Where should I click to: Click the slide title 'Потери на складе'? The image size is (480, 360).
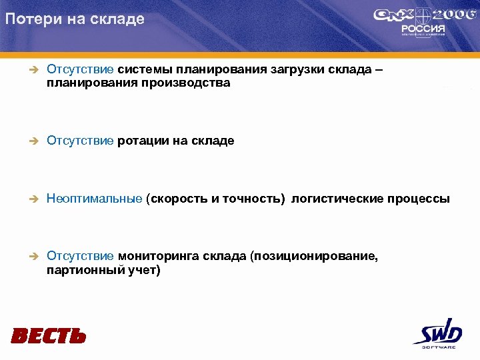74,19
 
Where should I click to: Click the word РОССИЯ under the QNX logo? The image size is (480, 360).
419,29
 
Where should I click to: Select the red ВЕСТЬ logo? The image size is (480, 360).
49,335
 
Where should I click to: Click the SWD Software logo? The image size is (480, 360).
437,333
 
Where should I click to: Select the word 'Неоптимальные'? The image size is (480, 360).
94,199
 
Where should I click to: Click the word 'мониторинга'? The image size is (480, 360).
157,257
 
